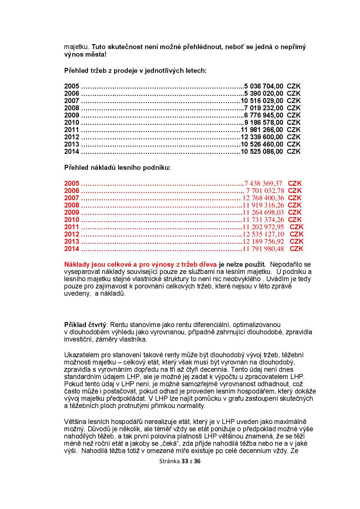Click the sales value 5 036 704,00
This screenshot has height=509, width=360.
264,86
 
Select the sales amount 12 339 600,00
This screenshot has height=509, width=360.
262,137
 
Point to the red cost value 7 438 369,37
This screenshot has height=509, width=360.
263,183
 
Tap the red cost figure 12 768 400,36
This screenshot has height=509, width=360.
263,198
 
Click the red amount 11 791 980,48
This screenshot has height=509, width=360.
263,249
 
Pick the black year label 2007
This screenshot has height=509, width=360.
71,101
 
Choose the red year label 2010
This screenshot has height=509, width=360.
71,220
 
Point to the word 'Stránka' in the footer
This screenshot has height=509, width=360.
169,469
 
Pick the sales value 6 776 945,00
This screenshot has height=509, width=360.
264,115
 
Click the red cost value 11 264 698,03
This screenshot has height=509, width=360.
263,212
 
